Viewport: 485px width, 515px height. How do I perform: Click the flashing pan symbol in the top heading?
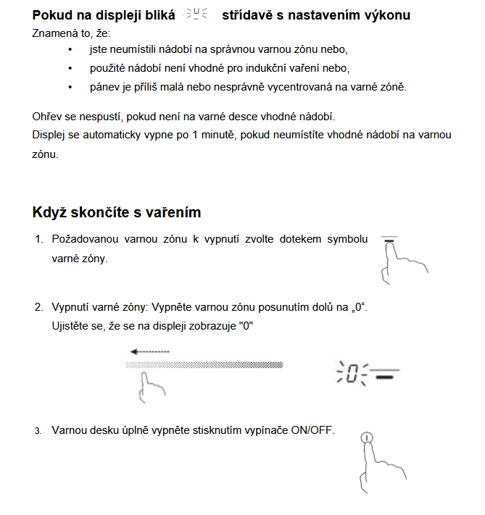[x=196, y=14]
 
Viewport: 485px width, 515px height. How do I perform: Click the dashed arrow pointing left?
[x=149, y=351]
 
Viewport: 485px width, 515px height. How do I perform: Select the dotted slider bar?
[x=204, y=364]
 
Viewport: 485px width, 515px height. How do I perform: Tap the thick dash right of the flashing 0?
[x=386, y=377]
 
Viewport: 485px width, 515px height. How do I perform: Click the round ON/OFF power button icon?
[x=368, y=437]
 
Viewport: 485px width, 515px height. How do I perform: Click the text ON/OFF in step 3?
[x=312, y=430]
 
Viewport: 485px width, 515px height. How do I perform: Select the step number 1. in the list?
[x=39, y=239]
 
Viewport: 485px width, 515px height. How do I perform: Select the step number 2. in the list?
[x=39, y=307]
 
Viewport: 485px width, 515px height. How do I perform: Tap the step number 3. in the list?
[x=38, y=431]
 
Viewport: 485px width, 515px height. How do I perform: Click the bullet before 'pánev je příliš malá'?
[x=70, y=87]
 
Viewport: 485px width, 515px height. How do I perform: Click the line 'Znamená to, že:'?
[x=70, y=33]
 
